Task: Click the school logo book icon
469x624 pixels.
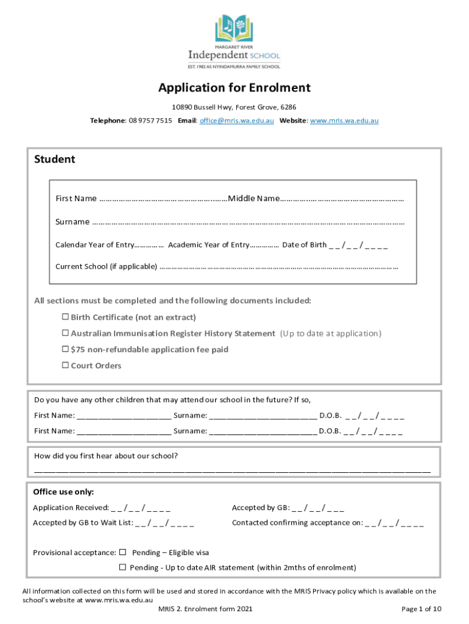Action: tap(234, 28)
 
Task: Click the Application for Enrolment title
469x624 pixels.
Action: tap(234, 88)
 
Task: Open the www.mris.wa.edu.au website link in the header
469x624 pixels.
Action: tap(344, 121)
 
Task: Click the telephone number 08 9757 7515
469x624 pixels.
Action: tap(149, 121)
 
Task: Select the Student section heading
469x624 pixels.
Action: tap(55, 160)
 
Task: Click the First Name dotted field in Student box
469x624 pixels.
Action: tap(163, 199)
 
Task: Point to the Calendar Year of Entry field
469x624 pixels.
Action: tap(149, 246)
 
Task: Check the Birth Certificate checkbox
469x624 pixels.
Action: tap(65, 317)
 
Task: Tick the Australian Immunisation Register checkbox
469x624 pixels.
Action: tap(65, 333)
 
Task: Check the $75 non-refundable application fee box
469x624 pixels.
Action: tap(65, 350)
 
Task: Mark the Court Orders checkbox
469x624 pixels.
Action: tap(65, 366)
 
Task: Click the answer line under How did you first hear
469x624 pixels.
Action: tap(232, 472)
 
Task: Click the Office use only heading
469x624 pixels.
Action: tap(63, 492)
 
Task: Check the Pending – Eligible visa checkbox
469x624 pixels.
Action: tap(122, 552)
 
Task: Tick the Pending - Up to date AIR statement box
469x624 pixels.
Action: tap(122, 567)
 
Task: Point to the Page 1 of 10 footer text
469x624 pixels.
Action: tap(421, 609)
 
